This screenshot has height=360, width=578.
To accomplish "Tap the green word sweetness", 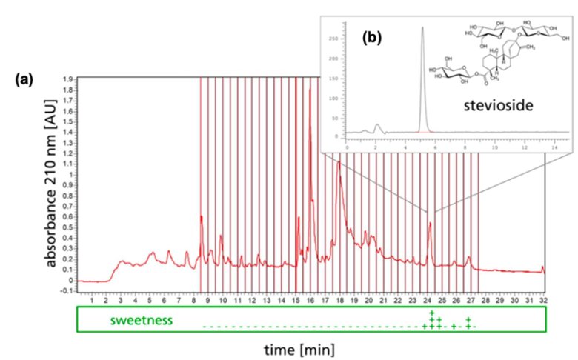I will (x=142, y=321).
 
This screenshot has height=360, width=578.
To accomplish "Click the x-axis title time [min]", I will (x=303, y=347).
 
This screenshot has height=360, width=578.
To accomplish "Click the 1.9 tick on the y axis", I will (x=67, y=78).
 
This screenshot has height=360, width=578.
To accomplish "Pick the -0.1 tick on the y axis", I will (x=66, y=291).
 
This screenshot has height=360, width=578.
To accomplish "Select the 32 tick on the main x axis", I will (x=545, y=300).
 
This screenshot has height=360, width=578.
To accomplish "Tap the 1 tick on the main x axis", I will (x=91, y=300).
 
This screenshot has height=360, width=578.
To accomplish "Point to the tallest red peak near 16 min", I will (x=310, y=89).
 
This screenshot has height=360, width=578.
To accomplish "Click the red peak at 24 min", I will (x=429, y=222).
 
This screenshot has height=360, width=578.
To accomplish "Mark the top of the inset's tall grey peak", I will (x=422, y=28).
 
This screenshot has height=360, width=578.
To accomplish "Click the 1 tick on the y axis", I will (x=71, y=175).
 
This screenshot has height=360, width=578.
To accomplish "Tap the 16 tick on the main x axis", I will (x=310, y=300).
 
